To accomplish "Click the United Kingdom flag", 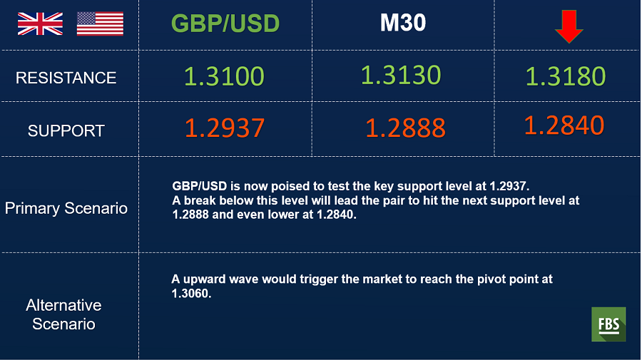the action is [x=40, y=24].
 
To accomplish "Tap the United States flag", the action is [x=100, y=24].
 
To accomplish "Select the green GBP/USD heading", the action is [x=225, y=24].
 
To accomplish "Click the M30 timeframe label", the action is [x=403, y=23].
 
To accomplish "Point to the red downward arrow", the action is [x=569, y=26].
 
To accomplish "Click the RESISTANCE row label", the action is [x=66, y=78].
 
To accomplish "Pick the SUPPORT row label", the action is [x=66, y=131].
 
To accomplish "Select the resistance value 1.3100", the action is [x=224, y=76].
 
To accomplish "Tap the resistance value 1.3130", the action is [x=401, y=76].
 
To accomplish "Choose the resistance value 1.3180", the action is [x=566, y=76].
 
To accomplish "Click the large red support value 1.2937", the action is [x=225, y=128].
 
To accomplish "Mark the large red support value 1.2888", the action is [x=405, y=128].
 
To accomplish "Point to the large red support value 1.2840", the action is [x=564, y=125].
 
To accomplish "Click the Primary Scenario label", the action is [x=66, y=208].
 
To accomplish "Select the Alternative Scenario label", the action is [x=64, y=314].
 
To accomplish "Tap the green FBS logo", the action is [x=608, y=324].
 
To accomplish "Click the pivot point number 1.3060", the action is [x=191, y=294].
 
